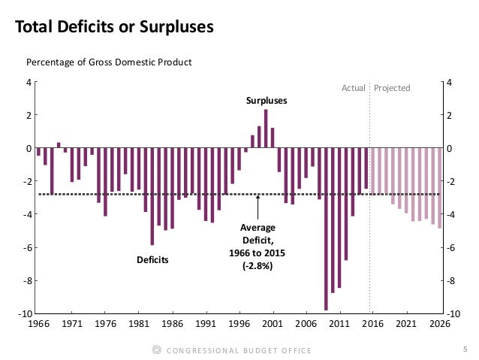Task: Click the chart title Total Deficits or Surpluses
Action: (x=115, y=28)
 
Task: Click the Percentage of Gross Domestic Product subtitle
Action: (x=110, y=62)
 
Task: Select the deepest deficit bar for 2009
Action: (x=326, y=228)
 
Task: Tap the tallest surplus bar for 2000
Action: (x=266, y=129)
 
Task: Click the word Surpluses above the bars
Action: (x=267, y=100)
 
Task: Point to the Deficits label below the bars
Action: (x=152, y=260)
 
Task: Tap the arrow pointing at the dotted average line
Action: (x=258, y=206)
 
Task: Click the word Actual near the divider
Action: (x=353, y=88)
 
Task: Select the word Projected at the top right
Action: (x=392, y=88)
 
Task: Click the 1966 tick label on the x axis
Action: (x=38, y=324)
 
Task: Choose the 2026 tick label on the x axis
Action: (x=439, y=324)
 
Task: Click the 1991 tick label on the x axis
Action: (x=205, y=324)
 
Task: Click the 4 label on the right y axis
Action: (x=449, y=82)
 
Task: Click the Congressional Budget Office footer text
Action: (x=237, y=350)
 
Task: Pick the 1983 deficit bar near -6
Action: (x=152, y=196)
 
